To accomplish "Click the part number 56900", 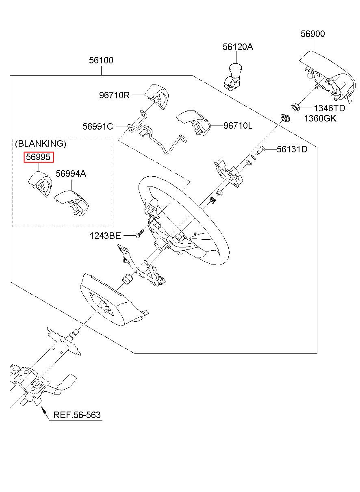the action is [x=312, y=34].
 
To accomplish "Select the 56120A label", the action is [x=238, y=47].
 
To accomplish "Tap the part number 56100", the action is [x=101, y=60].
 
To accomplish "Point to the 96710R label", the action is [x=114, y=95].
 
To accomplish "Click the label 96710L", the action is [x=238, y=126].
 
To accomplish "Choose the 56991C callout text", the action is [x=98, y=126].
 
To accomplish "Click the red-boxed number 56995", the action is [x=38, y=157].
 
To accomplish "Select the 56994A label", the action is [x=71, y=173].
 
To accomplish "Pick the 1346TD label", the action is [x=329, y=108].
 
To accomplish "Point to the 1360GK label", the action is [x=320, y=118].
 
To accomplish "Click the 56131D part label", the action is [x=292, y=149].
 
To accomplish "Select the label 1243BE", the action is [x=105, y=236].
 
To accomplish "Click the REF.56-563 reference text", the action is [x=77, y=415].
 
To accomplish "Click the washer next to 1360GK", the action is [x=285, y=118].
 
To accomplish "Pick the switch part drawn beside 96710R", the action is [x=158, y=97].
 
